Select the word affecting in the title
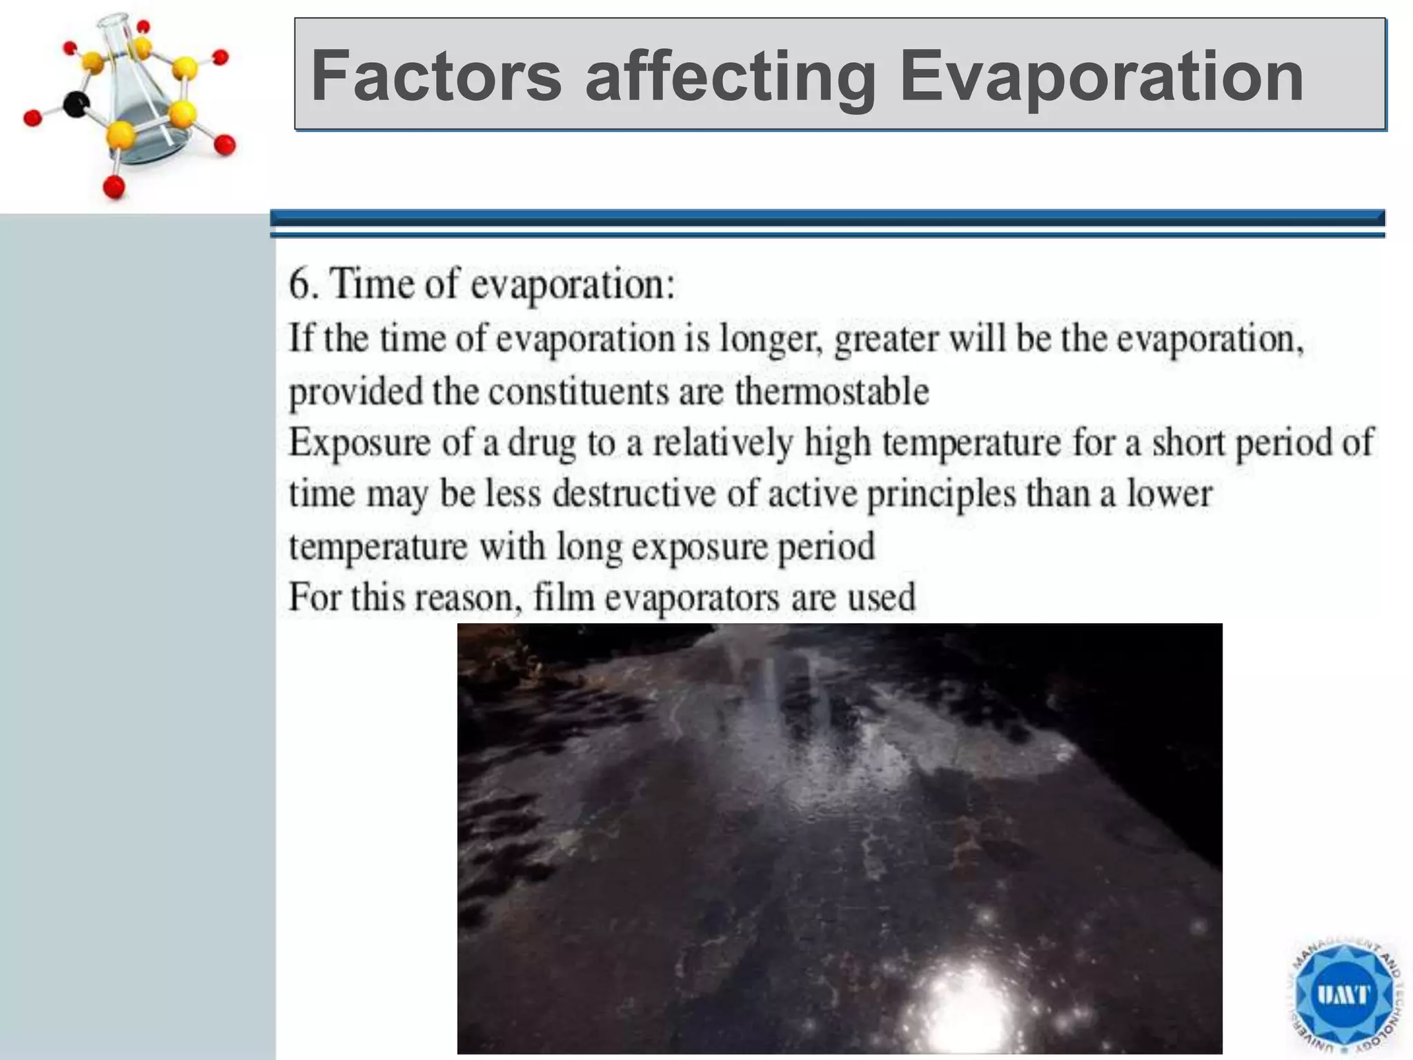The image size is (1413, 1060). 730,77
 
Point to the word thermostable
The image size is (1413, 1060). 831,392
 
